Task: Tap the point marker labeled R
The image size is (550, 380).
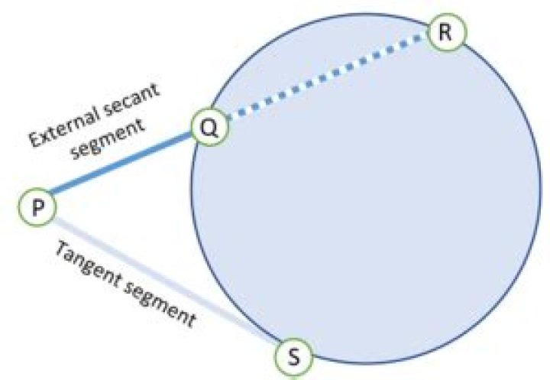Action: point(444,33)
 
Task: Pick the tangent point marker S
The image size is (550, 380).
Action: point(293,356)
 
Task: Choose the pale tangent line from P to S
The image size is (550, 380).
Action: point(160,279)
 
